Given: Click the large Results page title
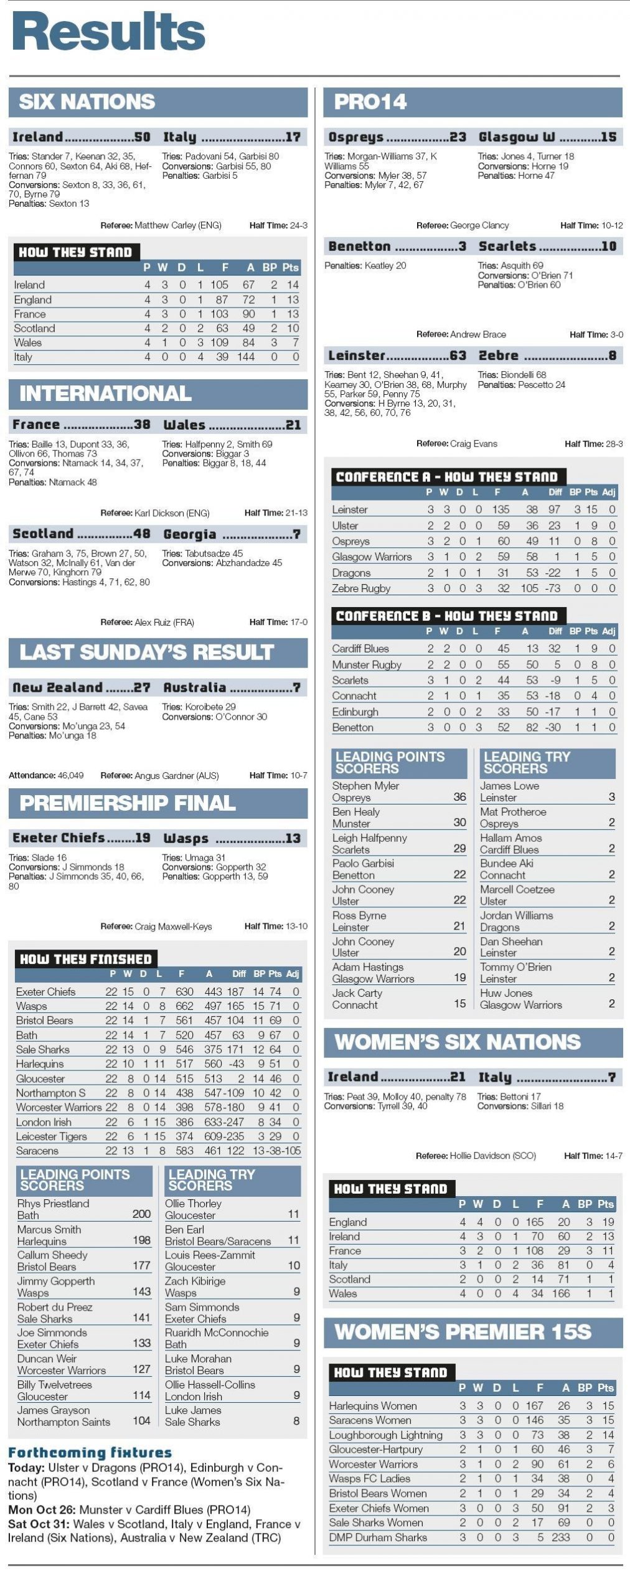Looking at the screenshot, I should click(109, 32).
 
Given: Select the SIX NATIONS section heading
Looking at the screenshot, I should click(87, 102).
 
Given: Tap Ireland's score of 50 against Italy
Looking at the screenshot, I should click(142, 137).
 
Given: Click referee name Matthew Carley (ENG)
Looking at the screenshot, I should click(177, 225).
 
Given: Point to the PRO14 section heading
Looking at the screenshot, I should click(370, 102).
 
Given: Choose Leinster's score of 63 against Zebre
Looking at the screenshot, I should click(458, 356).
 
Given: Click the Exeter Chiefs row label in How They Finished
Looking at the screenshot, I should click(45, 991).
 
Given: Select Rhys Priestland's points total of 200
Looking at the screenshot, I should click(141, 1214).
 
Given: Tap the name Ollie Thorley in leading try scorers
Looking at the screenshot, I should click(193, 1203).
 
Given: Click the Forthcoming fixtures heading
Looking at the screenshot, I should click(90, 1453).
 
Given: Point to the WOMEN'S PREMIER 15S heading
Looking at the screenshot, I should click(463, 1332).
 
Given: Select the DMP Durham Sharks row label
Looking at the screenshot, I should click(378, 1537).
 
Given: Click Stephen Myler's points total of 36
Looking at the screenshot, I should click(459, 797).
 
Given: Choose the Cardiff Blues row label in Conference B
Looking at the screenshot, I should click(360, 648).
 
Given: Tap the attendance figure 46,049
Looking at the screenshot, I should click(70, 775).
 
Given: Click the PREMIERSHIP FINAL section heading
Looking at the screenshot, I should click(128, 803).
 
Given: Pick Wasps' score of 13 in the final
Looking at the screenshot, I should click(293, 838).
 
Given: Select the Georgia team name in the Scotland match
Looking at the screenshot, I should click(189, 534).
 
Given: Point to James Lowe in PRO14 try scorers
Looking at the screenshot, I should click(509, 786).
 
